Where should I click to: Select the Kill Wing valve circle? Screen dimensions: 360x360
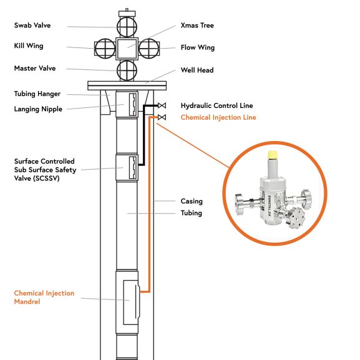point(104,47)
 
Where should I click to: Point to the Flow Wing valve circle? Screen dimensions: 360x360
point(149,47)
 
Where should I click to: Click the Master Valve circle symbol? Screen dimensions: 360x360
point(127,69)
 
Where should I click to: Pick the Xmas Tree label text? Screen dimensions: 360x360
point(197,26)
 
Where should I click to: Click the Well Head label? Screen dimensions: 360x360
point(197,71)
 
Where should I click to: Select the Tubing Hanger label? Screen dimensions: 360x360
point(37,94)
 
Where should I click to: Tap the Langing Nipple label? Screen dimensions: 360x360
point(38,109)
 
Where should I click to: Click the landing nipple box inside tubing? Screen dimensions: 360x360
point(132,104)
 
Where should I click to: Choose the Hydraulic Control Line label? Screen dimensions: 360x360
point(216,106)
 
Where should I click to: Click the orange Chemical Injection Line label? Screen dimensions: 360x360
point(218,117)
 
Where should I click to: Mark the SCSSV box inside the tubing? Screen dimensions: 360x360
point(132,167)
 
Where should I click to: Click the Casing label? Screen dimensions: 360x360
point(192,202)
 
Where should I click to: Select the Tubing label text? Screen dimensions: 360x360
point(192,213)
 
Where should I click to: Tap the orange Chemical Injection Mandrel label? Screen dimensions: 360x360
point(44,298)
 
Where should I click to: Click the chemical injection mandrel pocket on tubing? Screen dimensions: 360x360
point(132,299)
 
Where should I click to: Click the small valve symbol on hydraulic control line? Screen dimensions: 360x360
point(162,105)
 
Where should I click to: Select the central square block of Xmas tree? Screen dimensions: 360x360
point(127,47)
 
